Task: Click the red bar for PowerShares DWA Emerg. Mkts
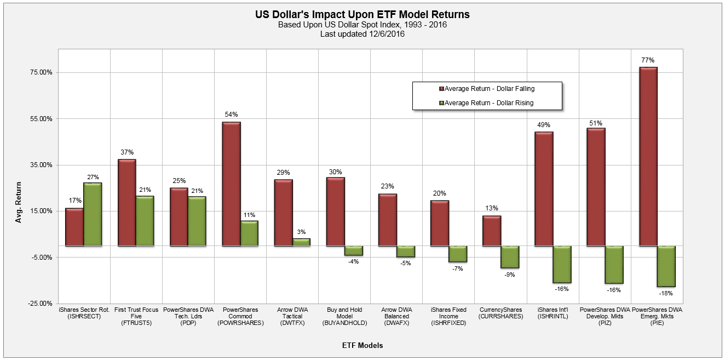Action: point(648,157)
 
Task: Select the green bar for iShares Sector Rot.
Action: point(93,214)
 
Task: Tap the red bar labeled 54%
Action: point(231,184)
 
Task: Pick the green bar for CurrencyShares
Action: point(510,257)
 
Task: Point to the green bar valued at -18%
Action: point(666,266)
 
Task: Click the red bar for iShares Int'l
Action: point(544,189)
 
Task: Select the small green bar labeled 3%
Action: point(301,242)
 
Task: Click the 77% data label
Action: point(648,60)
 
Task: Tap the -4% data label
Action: point(353,261)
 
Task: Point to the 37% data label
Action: point(127,152)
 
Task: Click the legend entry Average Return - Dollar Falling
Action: point(486,89)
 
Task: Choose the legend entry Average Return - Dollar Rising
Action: point(486,102)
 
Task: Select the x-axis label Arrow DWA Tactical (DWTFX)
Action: point(292,316)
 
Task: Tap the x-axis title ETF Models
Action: point(362,345)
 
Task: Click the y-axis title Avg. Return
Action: point(19,202)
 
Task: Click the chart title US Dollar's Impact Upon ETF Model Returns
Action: point(362,15)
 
